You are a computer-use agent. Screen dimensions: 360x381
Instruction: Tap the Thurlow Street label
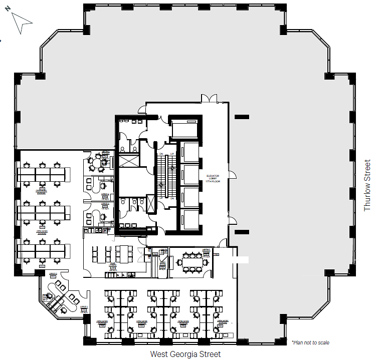367,185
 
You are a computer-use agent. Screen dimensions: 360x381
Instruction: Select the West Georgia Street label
185,354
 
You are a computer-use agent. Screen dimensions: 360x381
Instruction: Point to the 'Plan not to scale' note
310,342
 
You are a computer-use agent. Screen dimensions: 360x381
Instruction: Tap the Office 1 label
84,307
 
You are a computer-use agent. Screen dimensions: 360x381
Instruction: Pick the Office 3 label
105,204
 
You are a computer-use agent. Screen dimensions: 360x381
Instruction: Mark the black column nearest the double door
242,117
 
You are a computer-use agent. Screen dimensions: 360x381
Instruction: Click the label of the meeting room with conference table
206,250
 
